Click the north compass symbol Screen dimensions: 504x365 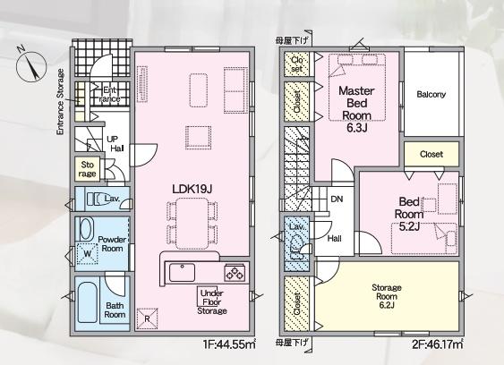pyautogui.click(x=31, y=66)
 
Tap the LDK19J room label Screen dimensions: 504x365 pyautogui.click(x=192, y=189)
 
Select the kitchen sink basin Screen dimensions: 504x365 pyautogui.click(x=183, y=272)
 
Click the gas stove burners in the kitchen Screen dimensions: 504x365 pyautogui.click(x=235, y=273)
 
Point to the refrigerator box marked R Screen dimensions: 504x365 pyautogui.click(x=147, y=318)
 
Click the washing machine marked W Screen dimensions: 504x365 pyautogui.click(x=87, y=253)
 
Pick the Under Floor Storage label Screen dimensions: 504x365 pyautogui.click(x=212, y=302)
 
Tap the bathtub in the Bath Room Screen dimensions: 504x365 pyautogui.click(x=87, y=302)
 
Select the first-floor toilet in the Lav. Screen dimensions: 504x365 pyautogui.click(x=94, y=199)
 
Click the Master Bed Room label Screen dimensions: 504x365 pyautogui.click(x=357, y=103)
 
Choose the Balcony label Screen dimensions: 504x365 pyautogui.click(x=431, y=95)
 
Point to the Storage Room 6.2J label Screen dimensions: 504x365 pyautogui.click(x=387, y=296)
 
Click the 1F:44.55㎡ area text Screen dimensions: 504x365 pyautogui.click(x=229, y=344)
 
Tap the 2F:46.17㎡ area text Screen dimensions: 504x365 pyautogui.click(x=438, y=344)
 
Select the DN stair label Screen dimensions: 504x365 pyautogui.click(x=337, y=199)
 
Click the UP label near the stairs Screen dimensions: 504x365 pyautogui.click(x=113, y=140)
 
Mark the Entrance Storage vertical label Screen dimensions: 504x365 pyautogui.click(x=60, y=102)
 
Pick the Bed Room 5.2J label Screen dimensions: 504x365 pyautogui.click(x=409, y=214)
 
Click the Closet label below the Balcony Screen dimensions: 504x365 pyautogui.click(x=431, y=154)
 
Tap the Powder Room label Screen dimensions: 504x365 pyautogui.click(x=112, y=244)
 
